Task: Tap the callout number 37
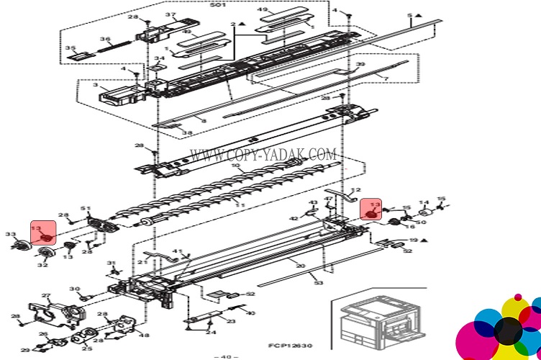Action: pyautogui.click(x=171, y=15)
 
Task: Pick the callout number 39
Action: pyautogui.click(x=360, y=64)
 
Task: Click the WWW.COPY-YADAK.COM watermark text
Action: pyautogui.click(x=263, y=155)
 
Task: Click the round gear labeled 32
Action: pyautogui.click(x=46, y=253)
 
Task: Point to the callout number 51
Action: pyautogui.click(x=86, y=209)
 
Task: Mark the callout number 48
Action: pyautogui.click(x=145, y=336)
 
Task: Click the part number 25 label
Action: pyautogui.click(x=86, y=349)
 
